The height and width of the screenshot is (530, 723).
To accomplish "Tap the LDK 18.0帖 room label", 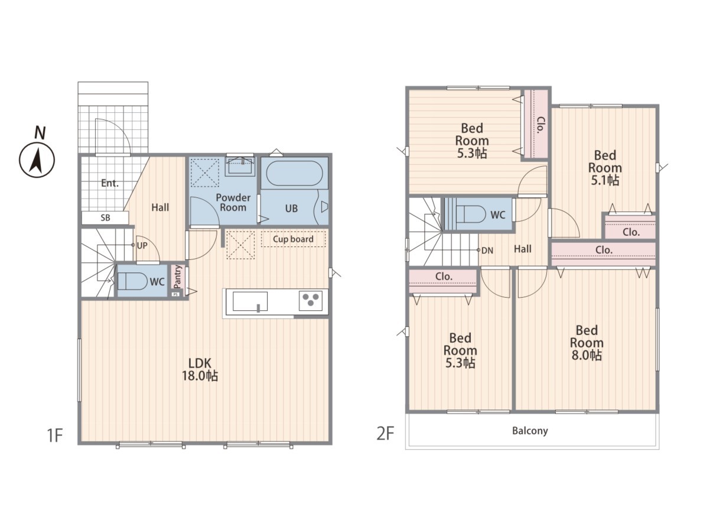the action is pos(200,369).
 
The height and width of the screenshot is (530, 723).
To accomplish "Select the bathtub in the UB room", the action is pos(294,173).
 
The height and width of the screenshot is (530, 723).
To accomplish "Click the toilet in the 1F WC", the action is pos(132,281).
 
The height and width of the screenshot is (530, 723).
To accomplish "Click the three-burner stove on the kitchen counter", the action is pos(311,300).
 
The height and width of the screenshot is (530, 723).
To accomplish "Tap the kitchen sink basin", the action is pos(250,301).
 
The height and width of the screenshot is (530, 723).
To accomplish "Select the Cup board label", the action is pos(293,239).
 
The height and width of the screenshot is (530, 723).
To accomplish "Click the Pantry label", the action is pos(178,277).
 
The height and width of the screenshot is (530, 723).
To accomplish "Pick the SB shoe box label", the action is pos(106,218).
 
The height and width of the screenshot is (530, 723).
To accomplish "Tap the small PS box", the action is pos(175,294).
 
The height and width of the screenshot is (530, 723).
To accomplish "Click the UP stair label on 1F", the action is pos(142,246).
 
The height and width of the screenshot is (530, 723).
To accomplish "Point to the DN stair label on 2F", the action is pos(487,251).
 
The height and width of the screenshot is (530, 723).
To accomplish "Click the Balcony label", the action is pos(530,431).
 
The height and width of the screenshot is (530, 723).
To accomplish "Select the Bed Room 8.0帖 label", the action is pos(587,343).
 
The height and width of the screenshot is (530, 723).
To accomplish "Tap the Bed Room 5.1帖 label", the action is pos(605,168).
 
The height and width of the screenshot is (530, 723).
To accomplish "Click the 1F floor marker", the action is pos(54,435).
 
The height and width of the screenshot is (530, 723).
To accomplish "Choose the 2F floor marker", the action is pos(385,433).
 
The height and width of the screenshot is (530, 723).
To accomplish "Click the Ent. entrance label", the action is pos(110,183).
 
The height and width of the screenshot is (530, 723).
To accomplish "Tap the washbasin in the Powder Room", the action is pos(240,167).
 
